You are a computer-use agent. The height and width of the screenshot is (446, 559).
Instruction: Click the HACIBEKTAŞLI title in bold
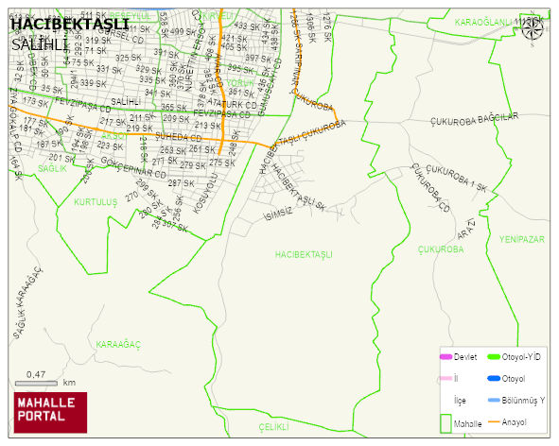pos(69,24)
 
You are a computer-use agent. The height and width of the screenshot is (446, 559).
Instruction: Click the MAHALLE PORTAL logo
pos(49,411)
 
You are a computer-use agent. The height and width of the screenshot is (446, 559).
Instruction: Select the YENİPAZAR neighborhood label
pos(523,240)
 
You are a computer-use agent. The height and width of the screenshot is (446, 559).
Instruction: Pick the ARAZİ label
pos(465,228)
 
